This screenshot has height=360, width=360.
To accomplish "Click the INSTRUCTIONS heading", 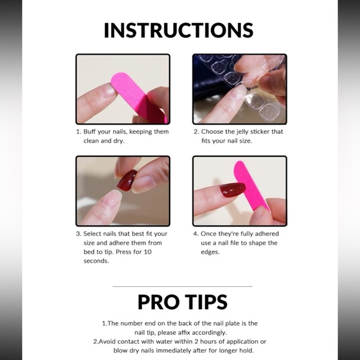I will click(x=179, y=30).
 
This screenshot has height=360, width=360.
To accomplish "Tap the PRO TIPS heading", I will click(x=182, y=302).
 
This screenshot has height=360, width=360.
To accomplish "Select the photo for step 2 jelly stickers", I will click(x=239, y=89).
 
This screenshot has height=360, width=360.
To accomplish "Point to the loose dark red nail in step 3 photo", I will click(x=128, y=181).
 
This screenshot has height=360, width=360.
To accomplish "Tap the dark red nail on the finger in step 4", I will click(x=232, y=189).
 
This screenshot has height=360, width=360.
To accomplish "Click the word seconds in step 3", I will click(x=96, y=261).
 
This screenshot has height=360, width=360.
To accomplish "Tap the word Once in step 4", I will click(x=210, y=234).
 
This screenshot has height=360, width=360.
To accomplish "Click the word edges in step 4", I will click(x=210, y=253).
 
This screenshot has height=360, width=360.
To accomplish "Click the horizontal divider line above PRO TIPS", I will click(x=182, y=286).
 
